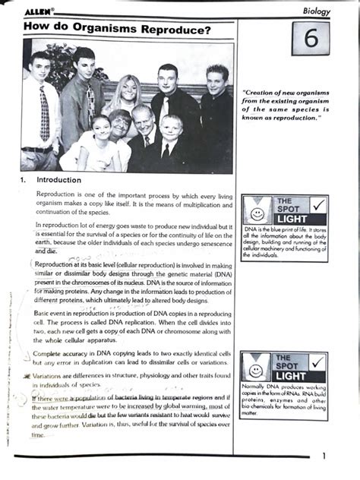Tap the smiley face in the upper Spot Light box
257,207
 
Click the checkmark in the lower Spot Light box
319,364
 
